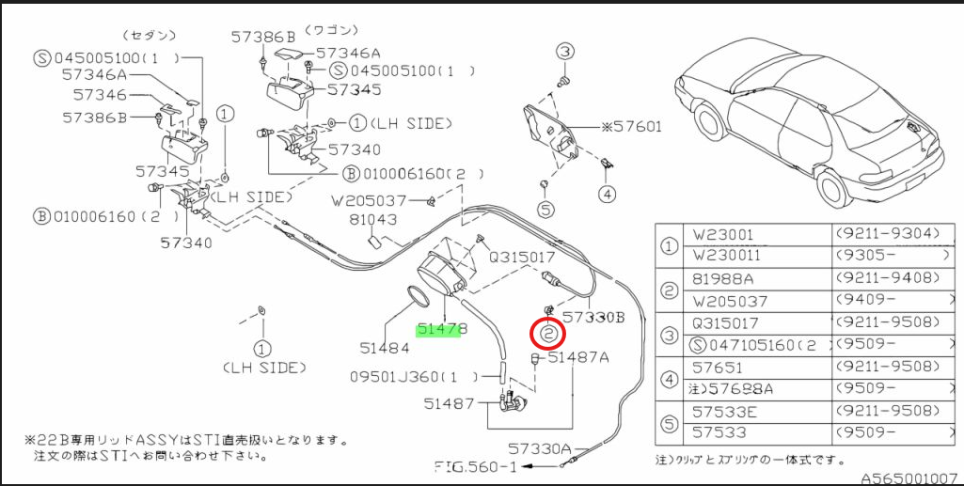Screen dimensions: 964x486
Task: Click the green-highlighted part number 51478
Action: click(438, 330)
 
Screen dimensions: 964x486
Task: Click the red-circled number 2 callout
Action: click(548, 335)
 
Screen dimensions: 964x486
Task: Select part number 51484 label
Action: click(385, 348)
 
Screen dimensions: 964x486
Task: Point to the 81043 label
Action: click(373, 219)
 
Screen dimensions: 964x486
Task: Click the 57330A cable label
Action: click(539, 449)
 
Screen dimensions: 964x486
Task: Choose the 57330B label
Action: click(593, 317)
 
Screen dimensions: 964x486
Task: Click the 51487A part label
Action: click(578, 357)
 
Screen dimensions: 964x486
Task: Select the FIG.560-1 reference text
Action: click(475, 466)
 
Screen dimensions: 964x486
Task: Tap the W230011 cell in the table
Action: click(726, 255)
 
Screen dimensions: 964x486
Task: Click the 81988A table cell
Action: click(722, 279)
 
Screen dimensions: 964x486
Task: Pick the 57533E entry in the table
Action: click(722, 411)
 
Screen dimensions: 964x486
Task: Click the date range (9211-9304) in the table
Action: click(888, 233)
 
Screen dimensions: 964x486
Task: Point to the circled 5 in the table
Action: click(670, 423)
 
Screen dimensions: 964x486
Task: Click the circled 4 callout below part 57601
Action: click(607, 195)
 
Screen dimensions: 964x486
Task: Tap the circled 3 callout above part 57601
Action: click(565, 52)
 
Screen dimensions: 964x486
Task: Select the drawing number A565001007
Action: click(908, 478)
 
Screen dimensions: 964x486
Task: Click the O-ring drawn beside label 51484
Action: click(419, 297)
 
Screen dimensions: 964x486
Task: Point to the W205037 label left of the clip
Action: click(369, 200)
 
